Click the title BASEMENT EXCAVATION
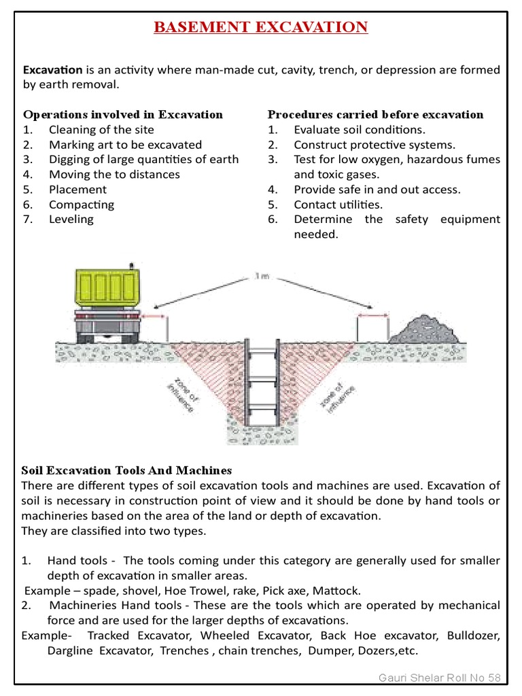(x=261, y=27)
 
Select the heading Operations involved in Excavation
(x=123, y=114)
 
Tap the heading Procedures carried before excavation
(x=375, y=114)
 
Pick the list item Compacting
(x=82, y=205)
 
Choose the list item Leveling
(x=71, y=220)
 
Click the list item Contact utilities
(x=338, y=205)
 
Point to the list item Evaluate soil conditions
(x=360, y=130)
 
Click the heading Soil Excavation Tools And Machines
(x=126, y=470)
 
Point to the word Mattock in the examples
(x=338, y=591)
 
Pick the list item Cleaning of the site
(x=101, y=130)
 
